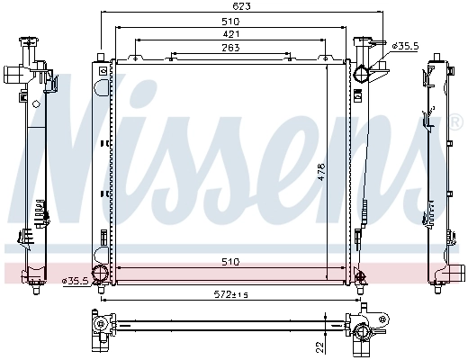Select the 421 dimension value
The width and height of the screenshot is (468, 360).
(230, 33)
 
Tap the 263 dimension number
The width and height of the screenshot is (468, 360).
(230, 49)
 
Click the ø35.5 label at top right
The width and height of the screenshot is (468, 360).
(406, 45)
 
